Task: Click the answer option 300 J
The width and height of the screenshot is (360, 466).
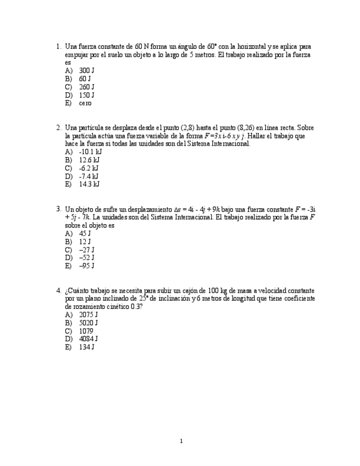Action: pos(86,71)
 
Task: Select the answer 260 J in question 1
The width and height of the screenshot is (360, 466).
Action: pos(86,87)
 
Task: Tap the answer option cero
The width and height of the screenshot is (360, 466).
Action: pos(85,103)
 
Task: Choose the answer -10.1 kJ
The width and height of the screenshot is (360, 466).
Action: pos(90,152)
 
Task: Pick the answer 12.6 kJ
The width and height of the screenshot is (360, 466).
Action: pos(89,160)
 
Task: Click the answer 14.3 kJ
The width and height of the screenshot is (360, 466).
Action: pos(89,184)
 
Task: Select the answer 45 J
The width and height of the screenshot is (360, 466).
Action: pos(85,234)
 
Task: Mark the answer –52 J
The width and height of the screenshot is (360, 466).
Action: pos(86,258)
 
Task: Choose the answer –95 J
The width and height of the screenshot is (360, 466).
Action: pos(86,266)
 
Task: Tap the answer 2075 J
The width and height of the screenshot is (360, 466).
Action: pos(88,315)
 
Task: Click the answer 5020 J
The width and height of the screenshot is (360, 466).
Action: pos(88,323)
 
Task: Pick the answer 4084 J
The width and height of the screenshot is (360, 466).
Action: pos(88,339)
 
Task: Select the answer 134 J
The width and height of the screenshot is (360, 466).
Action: pos(86,347)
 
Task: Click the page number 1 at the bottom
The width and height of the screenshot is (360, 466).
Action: pos(181,441)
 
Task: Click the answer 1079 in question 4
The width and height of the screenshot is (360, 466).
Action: pos(86,331)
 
